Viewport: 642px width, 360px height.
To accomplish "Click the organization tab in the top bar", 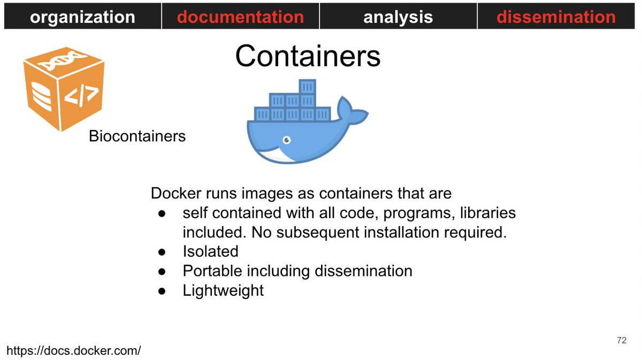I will point(82,17).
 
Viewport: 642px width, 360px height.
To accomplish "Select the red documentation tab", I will point(240,17).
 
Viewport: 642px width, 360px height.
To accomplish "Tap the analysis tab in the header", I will point(398,17).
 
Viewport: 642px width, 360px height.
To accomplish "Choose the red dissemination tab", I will point(556,17).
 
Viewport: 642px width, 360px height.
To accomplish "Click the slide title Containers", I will point(308,56).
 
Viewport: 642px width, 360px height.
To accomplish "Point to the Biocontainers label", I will point(137,136).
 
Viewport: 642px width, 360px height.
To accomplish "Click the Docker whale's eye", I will point(287,140).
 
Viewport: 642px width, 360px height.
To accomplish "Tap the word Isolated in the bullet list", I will point(210,251).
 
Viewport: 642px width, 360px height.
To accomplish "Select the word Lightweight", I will point(223,290).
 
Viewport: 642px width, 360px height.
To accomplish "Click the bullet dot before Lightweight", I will point(163,291).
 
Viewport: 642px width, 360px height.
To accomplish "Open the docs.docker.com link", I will point(74,351).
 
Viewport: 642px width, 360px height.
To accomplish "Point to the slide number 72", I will point(621,341).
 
